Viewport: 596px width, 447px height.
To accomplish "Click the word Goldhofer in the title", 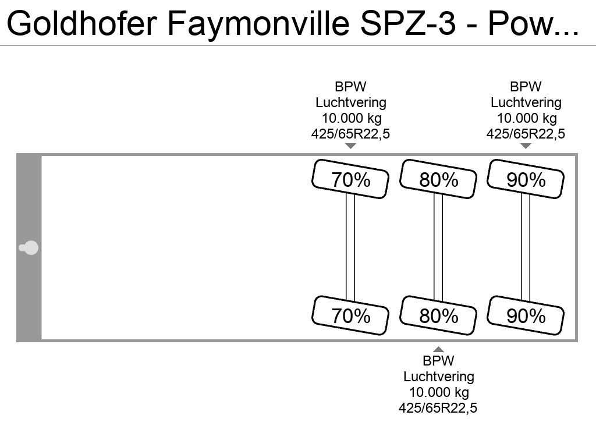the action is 81,23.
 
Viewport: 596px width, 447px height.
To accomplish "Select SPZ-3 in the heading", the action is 407,23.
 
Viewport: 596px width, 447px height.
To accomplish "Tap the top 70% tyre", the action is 350,179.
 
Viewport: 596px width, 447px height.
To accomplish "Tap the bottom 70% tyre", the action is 350,315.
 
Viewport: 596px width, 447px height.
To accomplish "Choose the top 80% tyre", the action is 438,179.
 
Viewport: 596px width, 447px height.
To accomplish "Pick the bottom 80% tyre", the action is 438,315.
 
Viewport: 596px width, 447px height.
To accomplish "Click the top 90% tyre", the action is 526,179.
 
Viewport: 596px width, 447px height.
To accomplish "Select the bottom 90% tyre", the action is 526,315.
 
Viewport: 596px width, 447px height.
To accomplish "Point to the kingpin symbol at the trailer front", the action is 29,248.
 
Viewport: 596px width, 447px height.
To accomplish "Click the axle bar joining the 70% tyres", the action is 350,247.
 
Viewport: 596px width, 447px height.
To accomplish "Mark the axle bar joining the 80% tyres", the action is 438,247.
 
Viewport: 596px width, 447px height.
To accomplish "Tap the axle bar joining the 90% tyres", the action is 526,247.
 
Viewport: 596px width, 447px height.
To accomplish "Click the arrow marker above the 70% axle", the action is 350,146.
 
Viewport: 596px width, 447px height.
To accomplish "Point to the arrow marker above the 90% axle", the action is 526,146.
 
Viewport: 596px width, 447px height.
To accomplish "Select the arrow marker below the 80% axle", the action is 438,349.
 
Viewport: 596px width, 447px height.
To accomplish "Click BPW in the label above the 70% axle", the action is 350,87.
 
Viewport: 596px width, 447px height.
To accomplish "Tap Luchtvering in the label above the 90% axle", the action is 526,102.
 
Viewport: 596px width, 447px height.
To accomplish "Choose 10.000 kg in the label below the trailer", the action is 439,392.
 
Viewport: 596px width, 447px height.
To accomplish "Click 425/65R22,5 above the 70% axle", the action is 350,134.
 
